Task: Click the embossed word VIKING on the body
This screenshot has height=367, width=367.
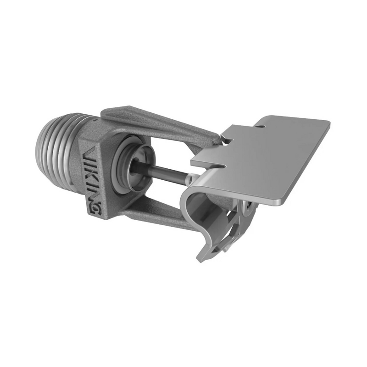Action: [92, 179]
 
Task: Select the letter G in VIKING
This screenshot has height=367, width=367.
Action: [95, 209]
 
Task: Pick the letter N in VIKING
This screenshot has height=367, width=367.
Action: [93, 196]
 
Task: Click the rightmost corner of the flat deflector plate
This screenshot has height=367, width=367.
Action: [328, 122]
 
